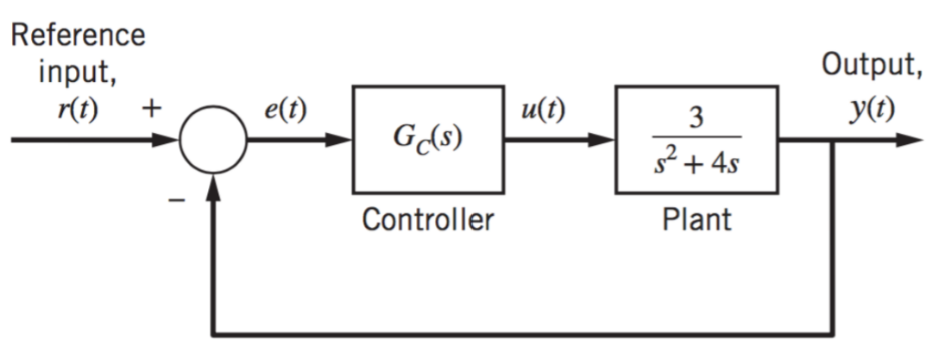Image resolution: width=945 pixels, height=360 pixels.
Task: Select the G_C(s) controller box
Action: click(429, 86)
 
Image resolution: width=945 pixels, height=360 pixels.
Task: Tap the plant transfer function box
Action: click(696, 86)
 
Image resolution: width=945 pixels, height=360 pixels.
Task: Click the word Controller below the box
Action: click(427, 219)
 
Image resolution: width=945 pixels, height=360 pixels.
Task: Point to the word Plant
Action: click(696, 219)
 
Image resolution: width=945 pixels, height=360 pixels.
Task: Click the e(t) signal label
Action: click(286, 111)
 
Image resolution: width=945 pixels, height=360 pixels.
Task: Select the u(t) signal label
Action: click(543, 111)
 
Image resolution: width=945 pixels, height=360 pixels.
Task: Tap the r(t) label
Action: click(78, 111)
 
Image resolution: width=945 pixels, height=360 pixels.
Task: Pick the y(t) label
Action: click(873, 111)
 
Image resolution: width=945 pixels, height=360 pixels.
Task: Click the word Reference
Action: click(79, 35)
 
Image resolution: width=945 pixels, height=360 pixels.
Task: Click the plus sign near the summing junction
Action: click(152, 109)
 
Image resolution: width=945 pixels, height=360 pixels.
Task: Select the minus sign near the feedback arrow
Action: click(177, 200)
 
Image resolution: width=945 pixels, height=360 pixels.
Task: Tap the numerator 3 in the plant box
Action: click(696, 118)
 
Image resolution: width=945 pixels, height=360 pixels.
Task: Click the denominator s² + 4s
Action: click(696, 162)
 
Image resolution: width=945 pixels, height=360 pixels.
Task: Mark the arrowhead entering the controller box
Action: click(338, 140)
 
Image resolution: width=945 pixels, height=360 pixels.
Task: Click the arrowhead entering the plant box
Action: click(601, 140)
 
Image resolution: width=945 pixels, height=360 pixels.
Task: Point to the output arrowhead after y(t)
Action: click(909, 140)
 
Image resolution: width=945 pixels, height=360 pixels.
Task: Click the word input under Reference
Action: click(78, 73)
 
